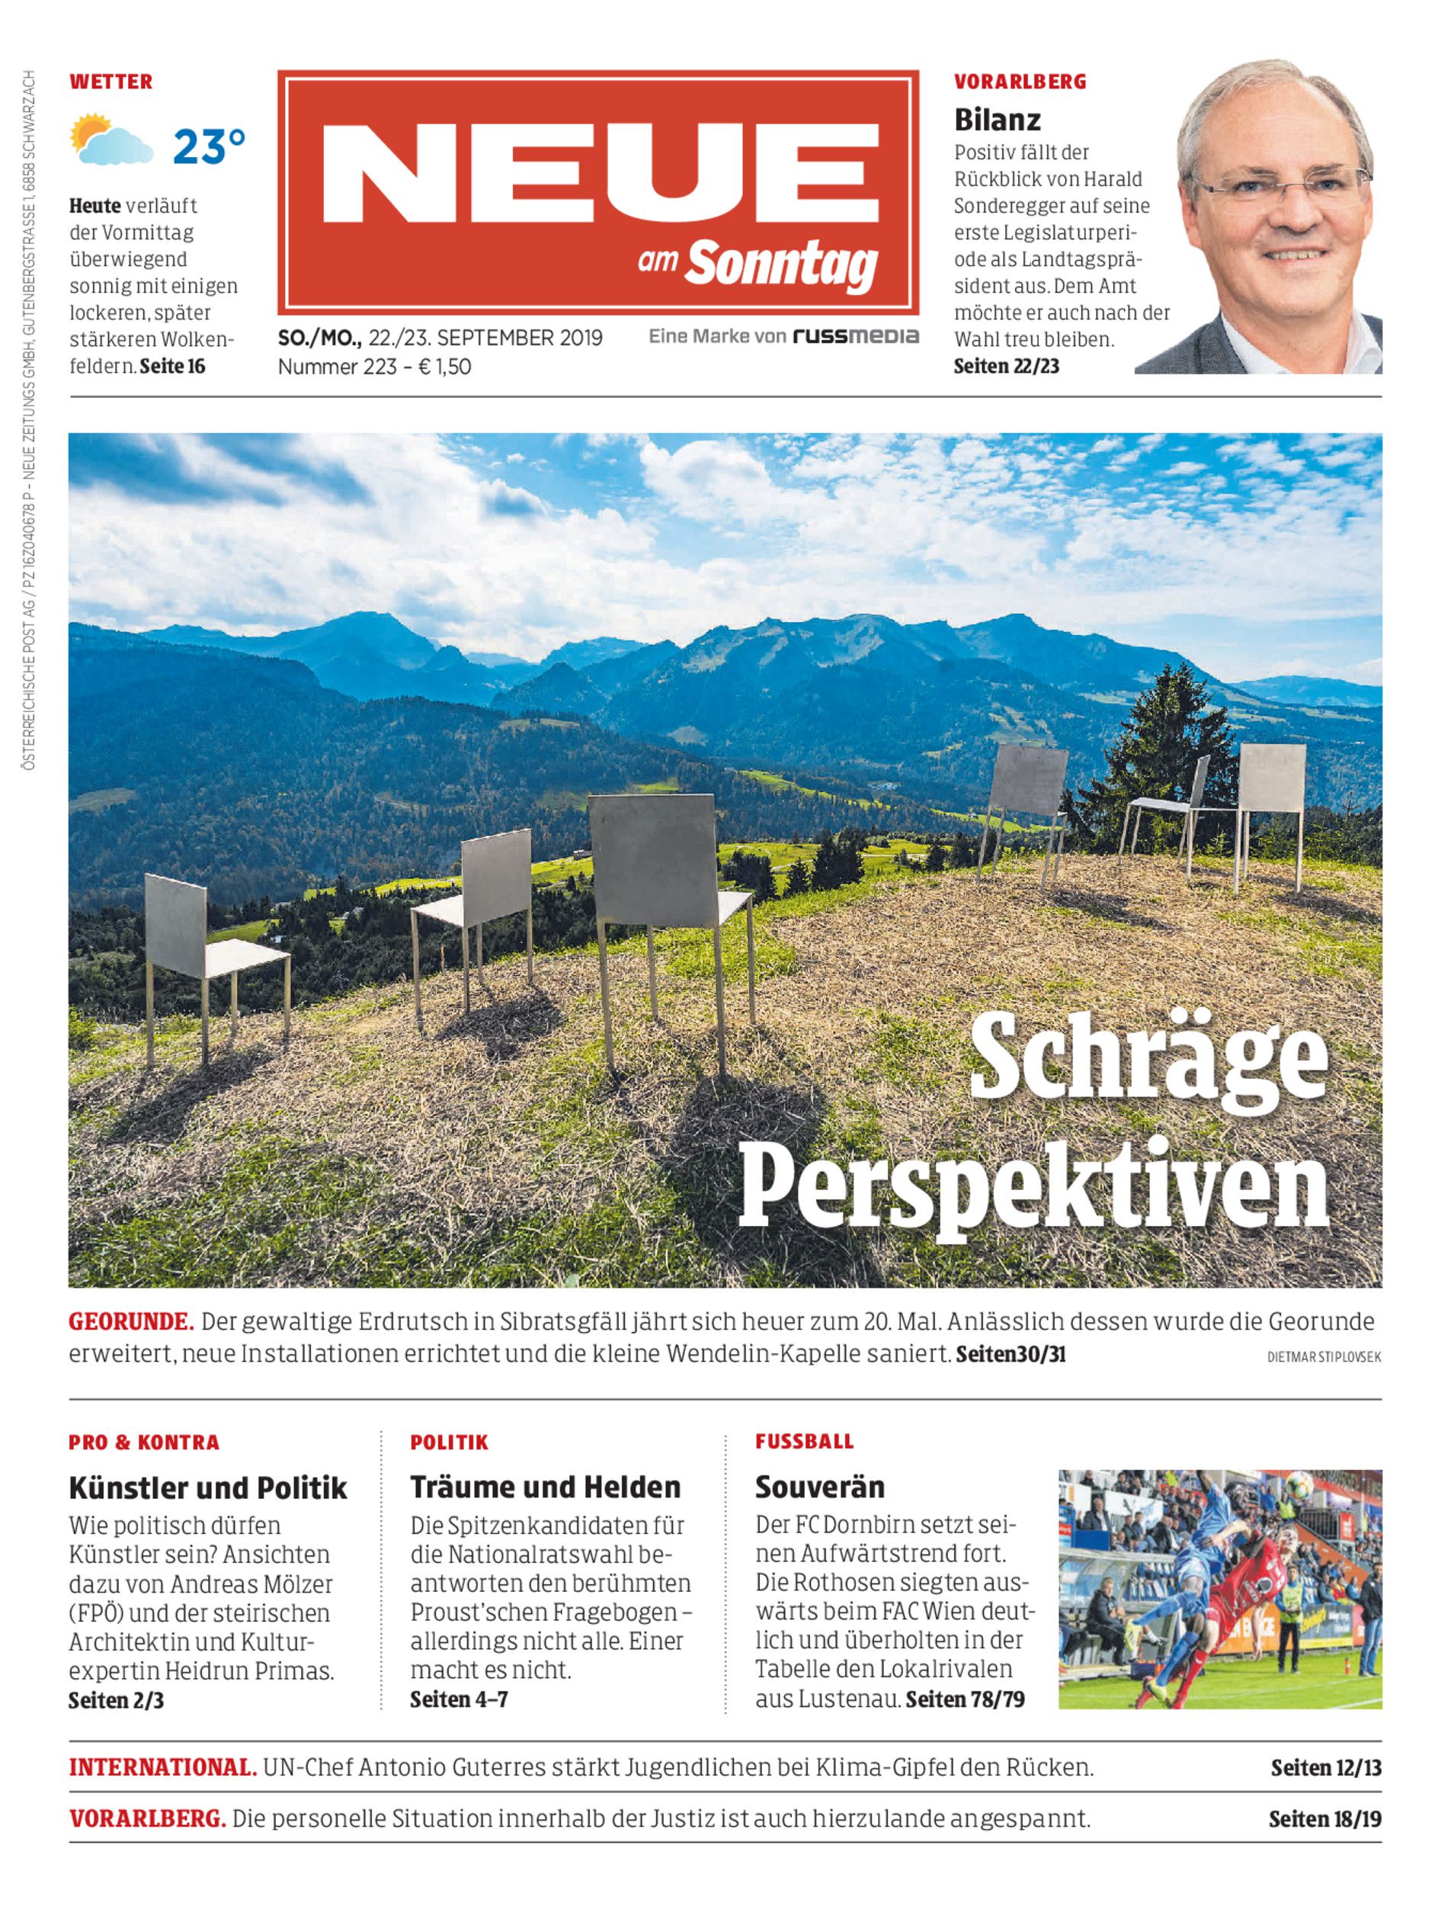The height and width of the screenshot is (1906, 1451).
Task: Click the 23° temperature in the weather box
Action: (x=208, y=147)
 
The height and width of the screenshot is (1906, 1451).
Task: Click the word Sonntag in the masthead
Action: (x=782, y=265)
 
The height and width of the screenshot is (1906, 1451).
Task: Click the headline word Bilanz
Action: (x=997, y=119)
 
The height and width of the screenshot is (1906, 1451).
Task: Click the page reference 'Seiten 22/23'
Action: (x=1006, y=367)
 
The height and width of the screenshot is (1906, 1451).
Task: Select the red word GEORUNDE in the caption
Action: (x=130, y=1322)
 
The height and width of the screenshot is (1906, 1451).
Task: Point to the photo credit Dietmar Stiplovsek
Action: (x=1323, y=1357)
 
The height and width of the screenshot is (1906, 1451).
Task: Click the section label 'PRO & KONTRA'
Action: (x=144, y=1442)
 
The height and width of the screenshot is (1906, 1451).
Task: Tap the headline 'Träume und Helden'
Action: (x=545, y=1487)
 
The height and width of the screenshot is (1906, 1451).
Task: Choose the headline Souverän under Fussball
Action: (x=820, y=1487)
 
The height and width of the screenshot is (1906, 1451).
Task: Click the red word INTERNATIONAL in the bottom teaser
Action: (x=162, y=1767)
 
